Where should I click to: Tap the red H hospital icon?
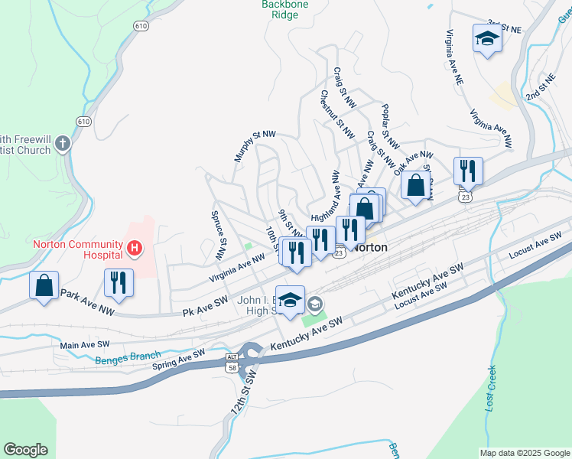135,248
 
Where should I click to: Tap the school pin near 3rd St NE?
486,39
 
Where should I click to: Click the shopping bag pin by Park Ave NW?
44,285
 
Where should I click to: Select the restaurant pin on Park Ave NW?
119,282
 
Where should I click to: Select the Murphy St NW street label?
254,145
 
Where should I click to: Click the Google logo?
25,450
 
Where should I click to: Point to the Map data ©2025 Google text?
524,453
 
